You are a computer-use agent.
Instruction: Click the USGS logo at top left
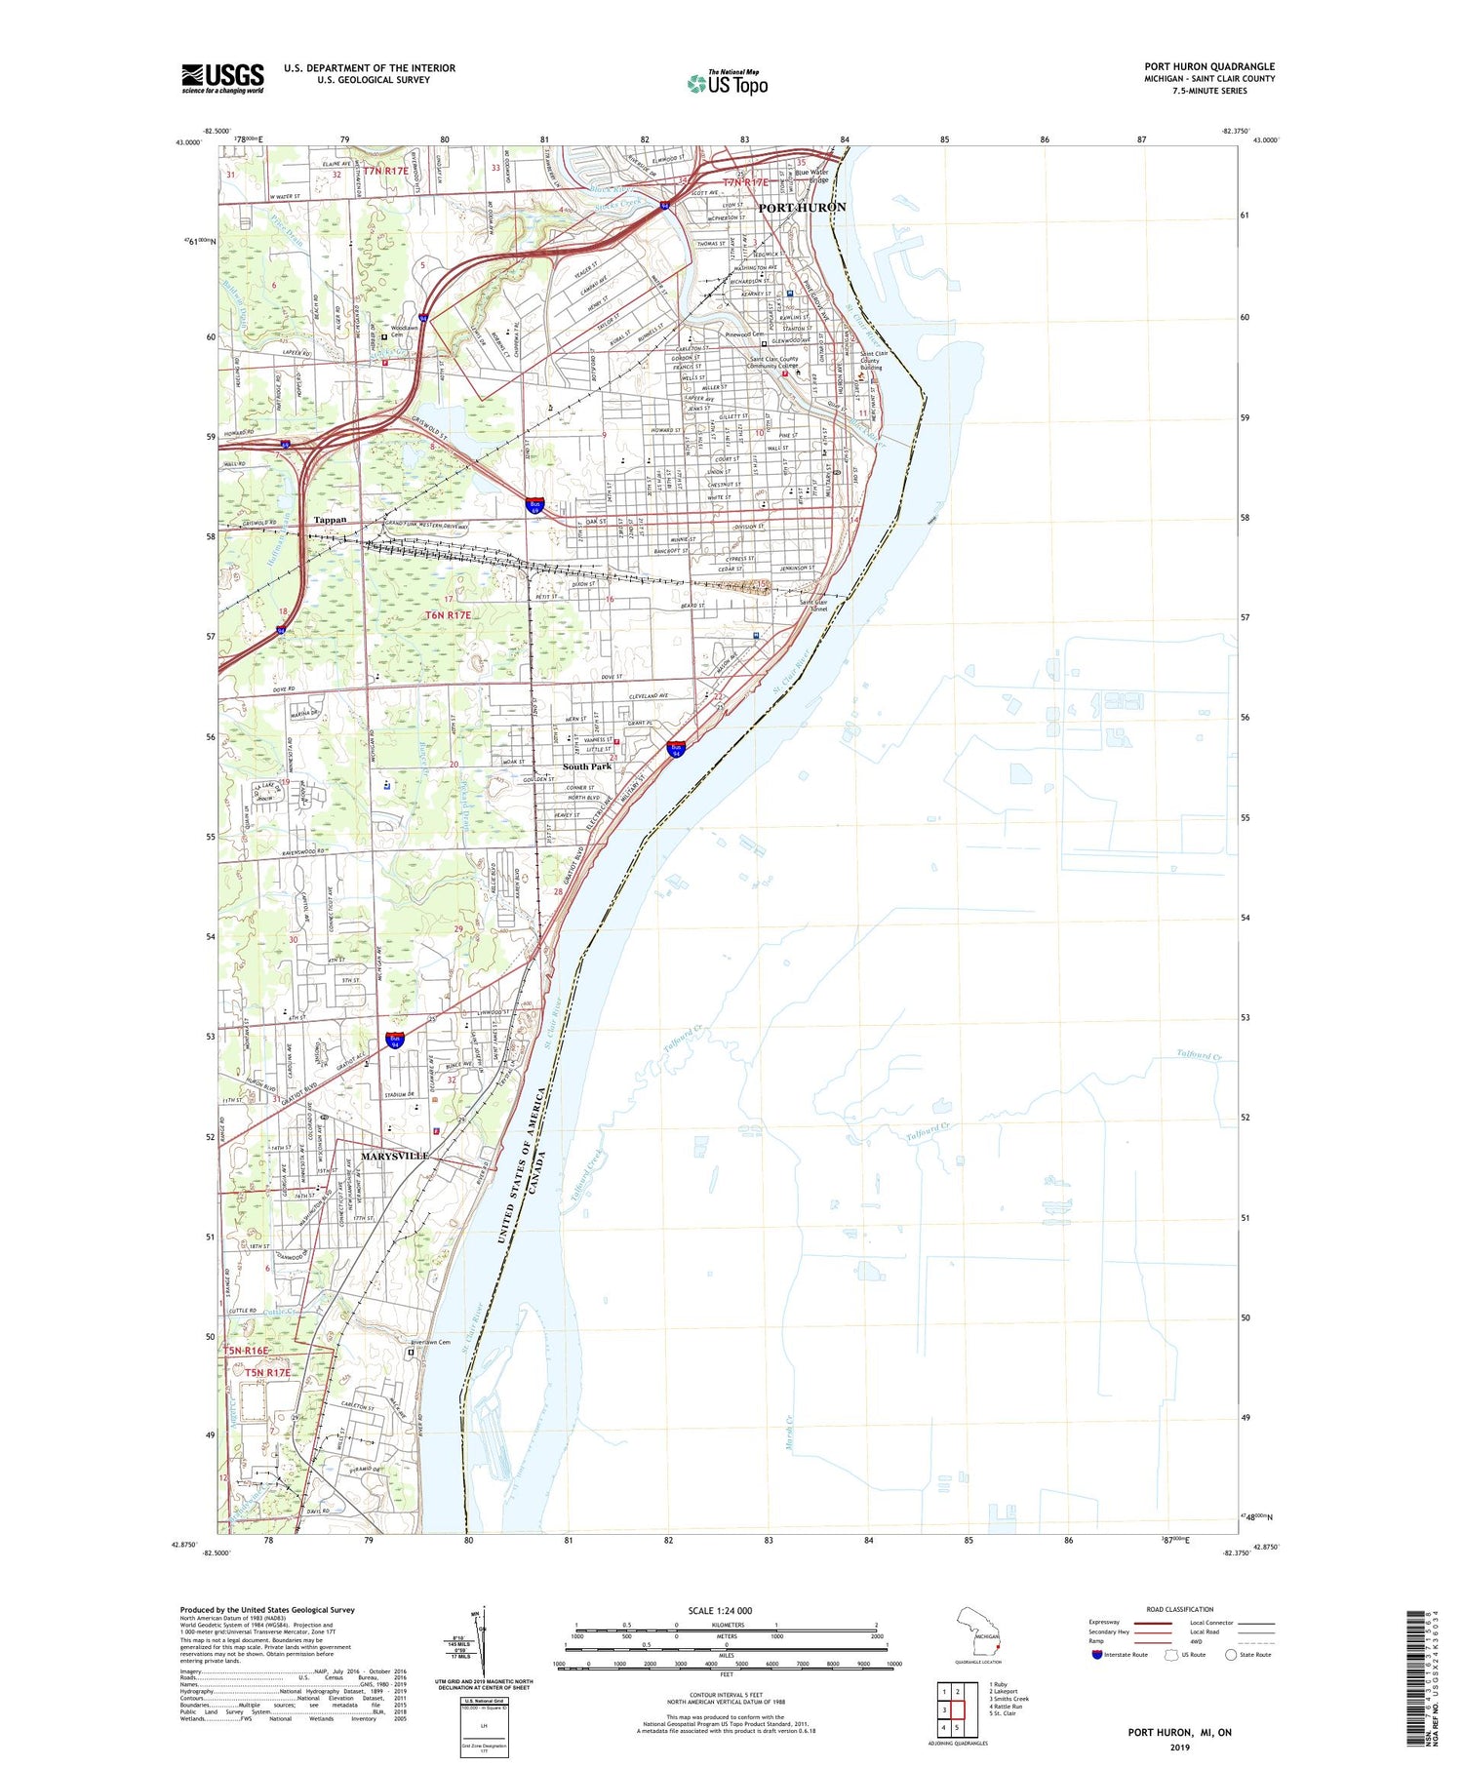click(x=222, y=78)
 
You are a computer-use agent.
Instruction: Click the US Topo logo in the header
click(x=728, y=83)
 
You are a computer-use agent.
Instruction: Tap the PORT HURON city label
click(x=802, y=208)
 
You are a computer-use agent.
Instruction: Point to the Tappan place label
click(x=330, y=520)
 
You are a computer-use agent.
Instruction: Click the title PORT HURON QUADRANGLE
click(x=1209, y=66)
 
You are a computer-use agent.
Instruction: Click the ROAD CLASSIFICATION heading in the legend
click(x=1180, y=1609)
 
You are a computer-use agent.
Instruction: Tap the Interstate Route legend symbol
click(x=1096, y=1655)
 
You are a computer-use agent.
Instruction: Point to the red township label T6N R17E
click(x=449, y=615)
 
